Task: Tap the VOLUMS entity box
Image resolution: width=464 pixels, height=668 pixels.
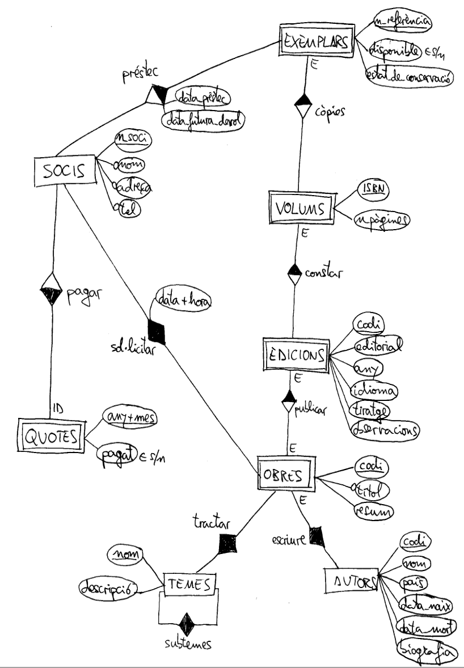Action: coord(301,209)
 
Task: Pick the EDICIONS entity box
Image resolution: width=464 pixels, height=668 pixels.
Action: coord(295,355)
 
